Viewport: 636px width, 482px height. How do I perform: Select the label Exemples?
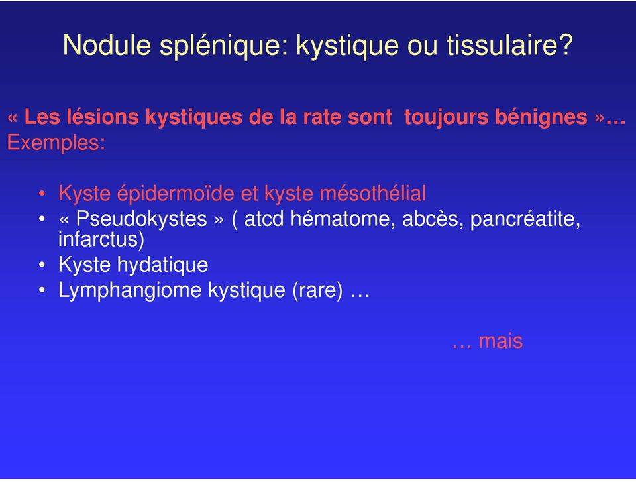point(56,143)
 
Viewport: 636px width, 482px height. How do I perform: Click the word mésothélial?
point(373,194)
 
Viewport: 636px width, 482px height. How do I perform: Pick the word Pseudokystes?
point(142,219)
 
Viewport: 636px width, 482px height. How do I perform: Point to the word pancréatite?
point(525,219)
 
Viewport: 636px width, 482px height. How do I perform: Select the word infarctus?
point(101,239)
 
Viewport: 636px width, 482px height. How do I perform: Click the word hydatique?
point(163,265)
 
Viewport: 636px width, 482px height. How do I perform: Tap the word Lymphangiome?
point(130,291)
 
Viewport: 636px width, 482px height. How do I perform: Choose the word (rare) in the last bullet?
point(317,291)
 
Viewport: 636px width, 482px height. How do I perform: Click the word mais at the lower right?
point(501,341)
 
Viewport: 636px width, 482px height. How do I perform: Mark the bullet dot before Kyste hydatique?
point(42,265)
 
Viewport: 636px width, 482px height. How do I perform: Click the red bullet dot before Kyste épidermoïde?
point(42,194)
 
